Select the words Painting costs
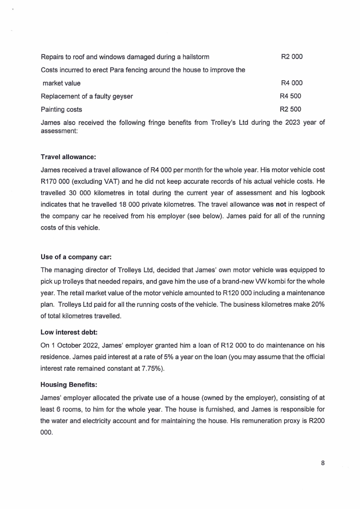(x=62, y=109)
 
